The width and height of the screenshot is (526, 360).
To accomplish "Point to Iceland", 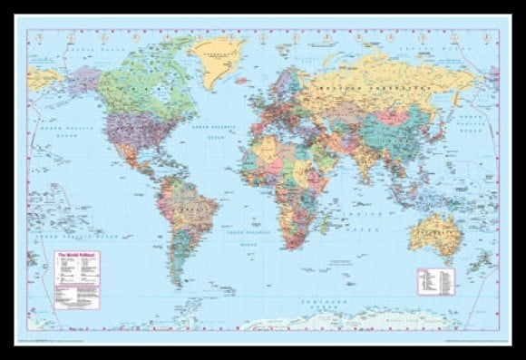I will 245,82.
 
